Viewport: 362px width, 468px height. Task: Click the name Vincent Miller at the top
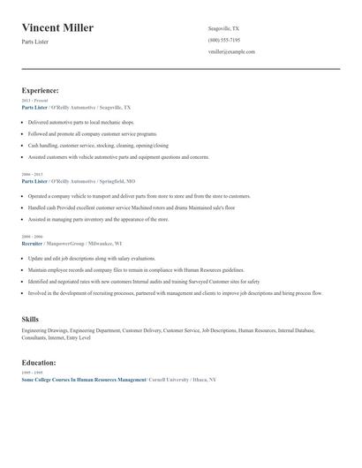[x=57, y=28]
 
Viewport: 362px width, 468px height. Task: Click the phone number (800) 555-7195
[x=223, y=40]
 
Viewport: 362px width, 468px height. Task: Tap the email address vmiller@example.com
[x=231, y=52]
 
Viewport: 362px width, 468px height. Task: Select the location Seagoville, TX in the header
[x=223, y=28]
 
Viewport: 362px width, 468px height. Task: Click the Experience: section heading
[x=41, y=90]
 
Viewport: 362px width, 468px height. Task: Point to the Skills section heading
[x=30, y=318]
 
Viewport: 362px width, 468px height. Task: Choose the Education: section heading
[x=39, y=362]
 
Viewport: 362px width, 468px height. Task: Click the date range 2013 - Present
[x=35, y=101]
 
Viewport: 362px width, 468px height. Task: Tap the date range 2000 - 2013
[x=32, y=175]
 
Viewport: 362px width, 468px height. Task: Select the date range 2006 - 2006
[x=32, y=237]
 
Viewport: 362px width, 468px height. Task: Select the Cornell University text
[x=177, y=379]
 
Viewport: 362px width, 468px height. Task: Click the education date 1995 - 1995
[x=32, y=373]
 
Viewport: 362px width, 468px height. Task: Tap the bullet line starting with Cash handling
[x=98, y=145]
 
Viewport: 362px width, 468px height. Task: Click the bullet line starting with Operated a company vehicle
[x=139, y=196]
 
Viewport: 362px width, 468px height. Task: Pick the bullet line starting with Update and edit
[x=91, y=258]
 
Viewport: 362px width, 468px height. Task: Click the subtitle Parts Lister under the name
[x=35, y=42]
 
